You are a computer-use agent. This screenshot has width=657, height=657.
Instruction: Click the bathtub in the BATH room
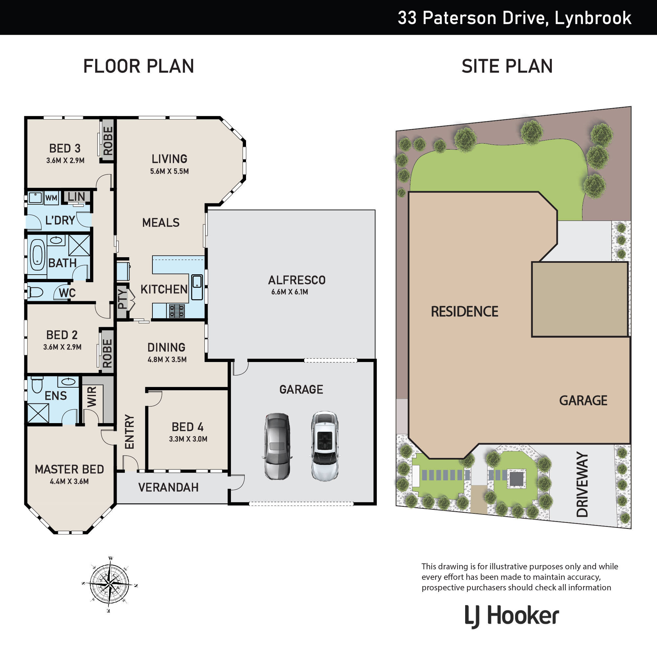click(37, 255)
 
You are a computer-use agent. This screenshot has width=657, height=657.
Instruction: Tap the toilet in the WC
click(35, 292)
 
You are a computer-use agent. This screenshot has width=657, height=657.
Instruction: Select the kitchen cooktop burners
click(177, 311)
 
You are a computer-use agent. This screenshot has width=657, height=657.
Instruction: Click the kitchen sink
click(197, 287)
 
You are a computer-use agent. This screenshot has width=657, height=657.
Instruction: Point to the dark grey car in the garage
click(277, 446)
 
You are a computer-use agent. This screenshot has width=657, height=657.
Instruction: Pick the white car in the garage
click(325, 446)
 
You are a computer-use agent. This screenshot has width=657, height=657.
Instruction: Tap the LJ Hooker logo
click(512, 616)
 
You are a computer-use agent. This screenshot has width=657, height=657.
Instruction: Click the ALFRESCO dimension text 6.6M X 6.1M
click(290, 292)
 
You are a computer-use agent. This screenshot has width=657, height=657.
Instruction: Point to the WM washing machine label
click(51, 198)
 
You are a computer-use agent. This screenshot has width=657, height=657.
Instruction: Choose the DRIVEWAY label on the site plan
click(582, 485)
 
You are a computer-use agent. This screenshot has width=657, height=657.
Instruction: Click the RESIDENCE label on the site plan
click(464, 311)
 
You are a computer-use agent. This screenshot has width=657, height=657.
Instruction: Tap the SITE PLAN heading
click(507, 66)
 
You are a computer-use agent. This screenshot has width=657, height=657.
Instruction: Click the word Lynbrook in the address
click(593, 18)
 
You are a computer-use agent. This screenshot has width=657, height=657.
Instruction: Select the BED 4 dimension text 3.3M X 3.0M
click(188, 439)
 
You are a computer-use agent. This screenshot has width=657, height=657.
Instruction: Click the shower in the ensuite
click(38, 413)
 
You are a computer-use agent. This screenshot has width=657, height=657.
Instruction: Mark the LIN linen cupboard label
click(76, 196)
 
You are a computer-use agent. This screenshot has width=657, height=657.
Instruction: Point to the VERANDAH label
click(168, 487)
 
